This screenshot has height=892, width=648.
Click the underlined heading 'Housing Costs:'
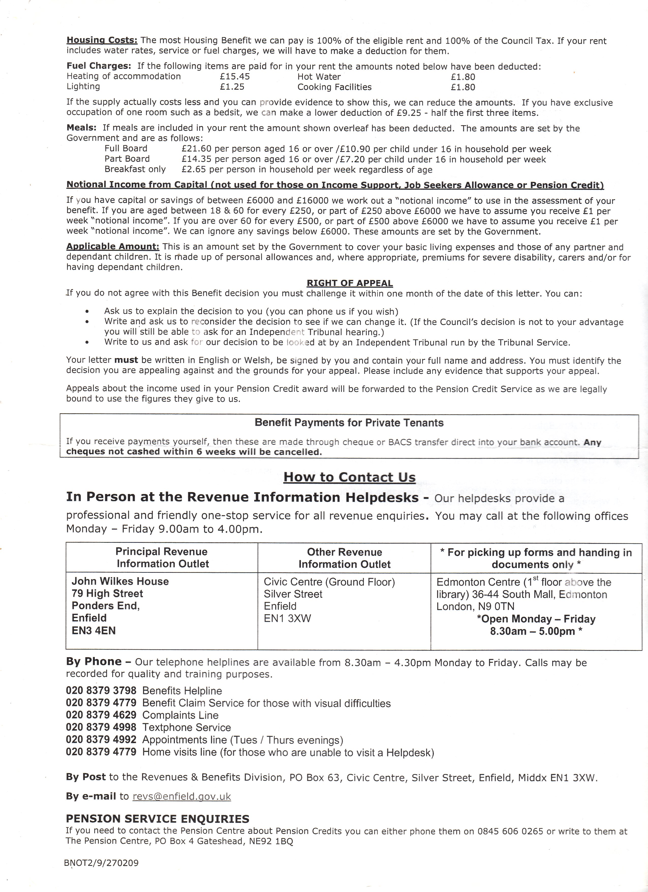[102, 40]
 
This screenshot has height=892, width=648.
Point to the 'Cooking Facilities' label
[334, 87]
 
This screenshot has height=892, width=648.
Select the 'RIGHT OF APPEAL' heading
[350, 283]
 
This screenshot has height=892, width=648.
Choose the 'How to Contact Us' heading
[349, 477]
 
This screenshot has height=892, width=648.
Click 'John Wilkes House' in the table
[120, 581]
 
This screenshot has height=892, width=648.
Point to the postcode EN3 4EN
[94, 630]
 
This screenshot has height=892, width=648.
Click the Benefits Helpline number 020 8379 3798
[101, 691]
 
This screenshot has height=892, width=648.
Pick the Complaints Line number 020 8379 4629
[101, 715]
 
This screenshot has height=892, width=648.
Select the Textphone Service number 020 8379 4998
[101, 727]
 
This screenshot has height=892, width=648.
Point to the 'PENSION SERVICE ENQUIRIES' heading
[158, 819]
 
